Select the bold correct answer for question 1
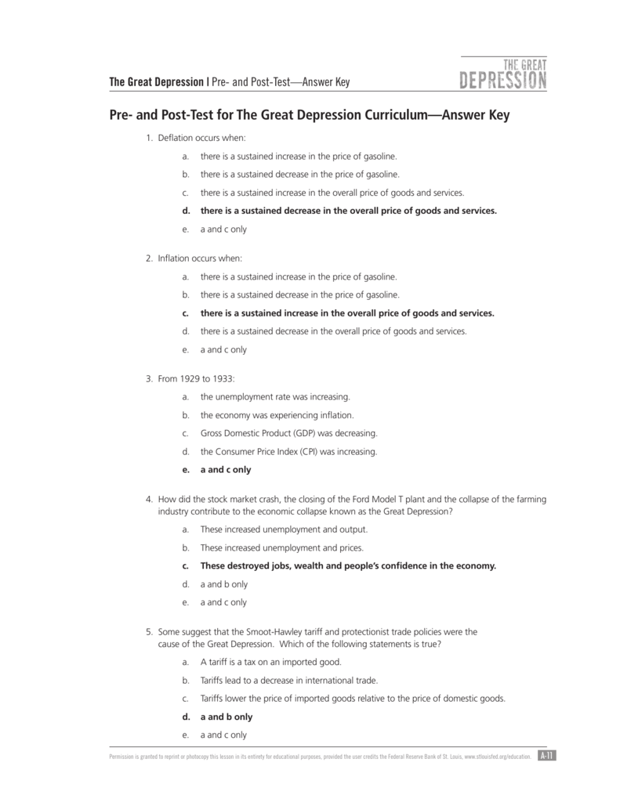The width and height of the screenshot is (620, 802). coord(348,211)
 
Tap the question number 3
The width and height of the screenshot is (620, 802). coord(148,379)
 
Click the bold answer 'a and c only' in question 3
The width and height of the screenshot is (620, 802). coord(226,470)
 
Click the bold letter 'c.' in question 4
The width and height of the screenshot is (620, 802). coord(186,565)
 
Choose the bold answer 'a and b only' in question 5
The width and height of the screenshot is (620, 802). coord(227,717)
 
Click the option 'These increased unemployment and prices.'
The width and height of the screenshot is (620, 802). coord(282,547)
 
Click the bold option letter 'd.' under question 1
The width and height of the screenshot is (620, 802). coord(186,211)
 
